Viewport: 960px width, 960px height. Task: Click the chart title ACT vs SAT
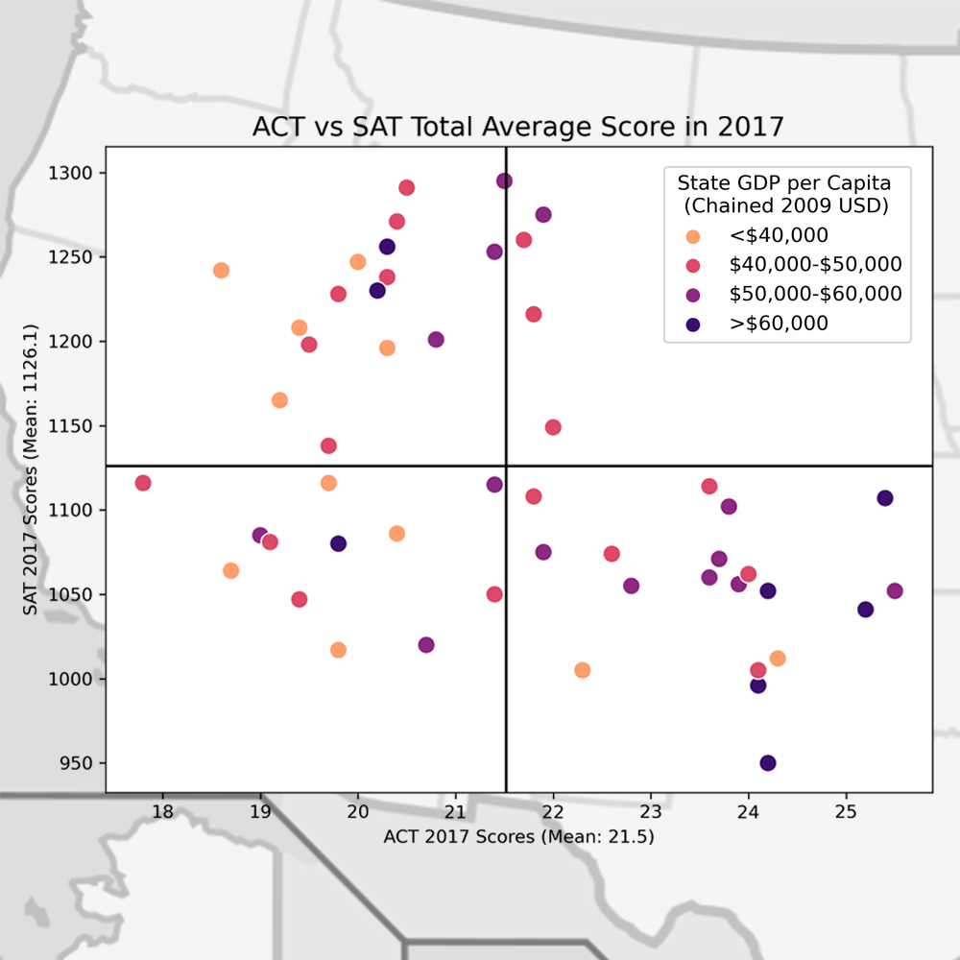518,127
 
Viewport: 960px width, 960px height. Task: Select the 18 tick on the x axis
163,811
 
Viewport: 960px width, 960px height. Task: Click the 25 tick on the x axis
845,811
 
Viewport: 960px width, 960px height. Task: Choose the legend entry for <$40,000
779,235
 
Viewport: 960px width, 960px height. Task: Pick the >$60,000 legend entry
779,324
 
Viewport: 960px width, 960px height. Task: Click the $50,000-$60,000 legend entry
815,294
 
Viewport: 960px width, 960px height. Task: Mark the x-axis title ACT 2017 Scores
518,837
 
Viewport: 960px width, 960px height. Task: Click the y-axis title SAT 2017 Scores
31,469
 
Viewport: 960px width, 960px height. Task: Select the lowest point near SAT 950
768,763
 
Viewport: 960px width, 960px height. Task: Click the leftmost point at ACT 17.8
143,483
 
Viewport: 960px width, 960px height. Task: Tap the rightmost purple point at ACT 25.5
895,591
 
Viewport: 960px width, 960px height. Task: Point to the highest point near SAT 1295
504,181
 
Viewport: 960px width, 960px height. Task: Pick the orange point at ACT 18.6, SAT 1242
221,271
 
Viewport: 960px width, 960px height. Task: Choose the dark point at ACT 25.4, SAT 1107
885,498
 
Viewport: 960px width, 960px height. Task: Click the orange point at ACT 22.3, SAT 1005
582,670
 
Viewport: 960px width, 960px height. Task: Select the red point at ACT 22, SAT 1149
553,427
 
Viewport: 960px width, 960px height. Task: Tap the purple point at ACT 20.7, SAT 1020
426,645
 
